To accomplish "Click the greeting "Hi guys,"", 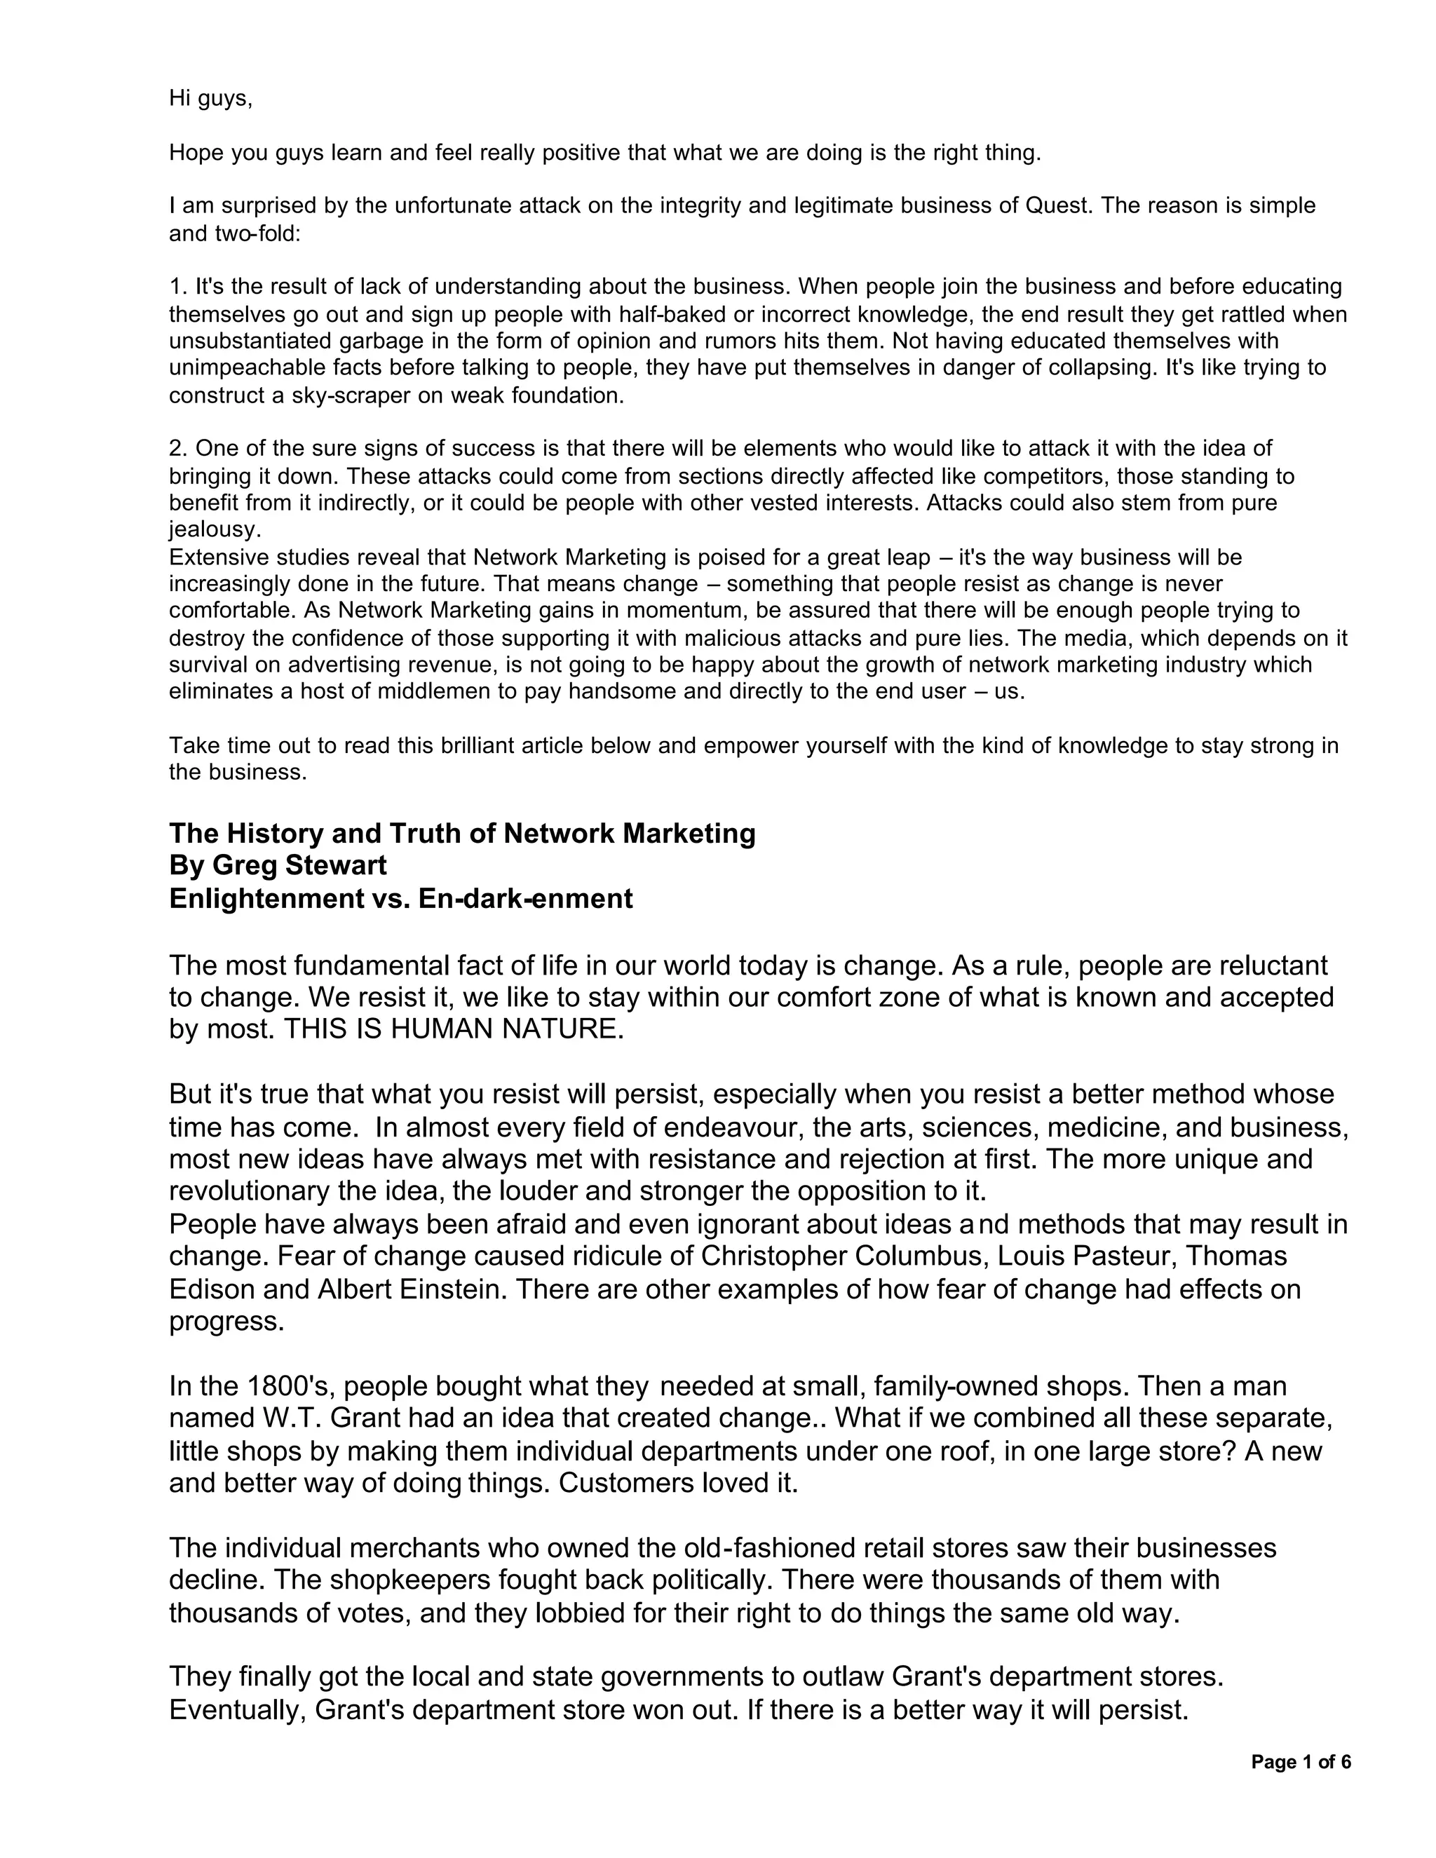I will pyautogui.click(x=211, y=99).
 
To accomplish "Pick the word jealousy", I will pyautogui.click(x=215, y=530).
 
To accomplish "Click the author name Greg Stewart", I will pyautogui.click(x=299, y=865).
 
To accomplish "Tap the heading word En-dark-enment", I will pyautogui.click(x=525, y=898).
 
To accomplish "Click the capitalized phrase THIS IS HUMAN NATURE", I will pyautogui.click(x=454, y=1029).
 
